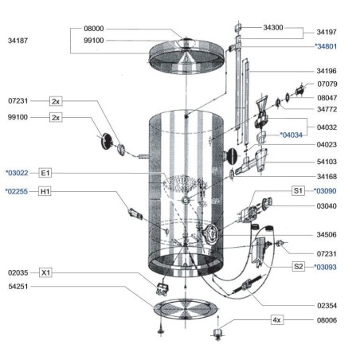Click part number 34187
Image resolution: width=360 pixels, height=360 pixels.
coord(18,41)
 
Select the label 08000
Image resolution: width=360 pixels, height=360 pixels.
coord(94,29)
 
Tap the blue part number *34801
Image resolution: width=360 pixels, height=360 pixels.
coord(326,46)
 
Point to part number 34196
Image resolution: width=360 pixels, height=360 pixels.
coord(327,71)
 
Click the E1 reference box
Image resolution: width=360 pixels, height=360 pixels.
coord(45,173)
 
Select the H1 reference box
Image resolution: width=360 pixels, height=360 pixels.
coord(45,191)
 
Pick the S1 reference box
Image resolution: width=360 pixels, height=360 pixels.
coord(298,190)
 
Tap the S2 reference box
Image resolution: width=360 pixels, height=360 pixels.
coord(298,266)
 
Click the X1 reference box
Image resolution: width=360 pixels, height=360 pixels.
coord(45,272)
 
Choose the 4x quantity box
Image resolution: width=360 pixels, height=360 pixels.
coord(277,320)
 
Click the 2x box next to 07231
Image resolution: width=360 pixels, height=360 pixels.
coord(56,101)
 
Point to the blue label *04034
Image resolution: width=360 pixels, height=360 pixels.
coord(292,135)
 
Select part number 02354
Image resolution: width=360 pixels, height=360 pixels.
coord(327,306)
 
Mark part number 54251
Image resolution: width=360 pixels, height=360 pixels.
coord(18,287)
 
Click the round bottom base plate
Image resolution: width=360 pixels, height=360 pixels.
coord(186,309)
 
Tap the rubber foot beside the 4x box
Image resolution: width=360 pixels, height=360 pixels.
coord(218,333)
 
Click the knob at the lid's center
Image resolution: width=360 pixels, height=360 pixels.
coord(186,42)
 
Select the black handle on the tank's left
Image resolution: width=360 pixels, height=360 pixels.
coord(107,141)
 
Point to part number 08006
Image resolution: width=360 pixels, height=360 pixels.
coord(327,320)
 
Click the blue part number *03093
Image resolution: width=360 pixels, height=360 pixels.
coord(325,267)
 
